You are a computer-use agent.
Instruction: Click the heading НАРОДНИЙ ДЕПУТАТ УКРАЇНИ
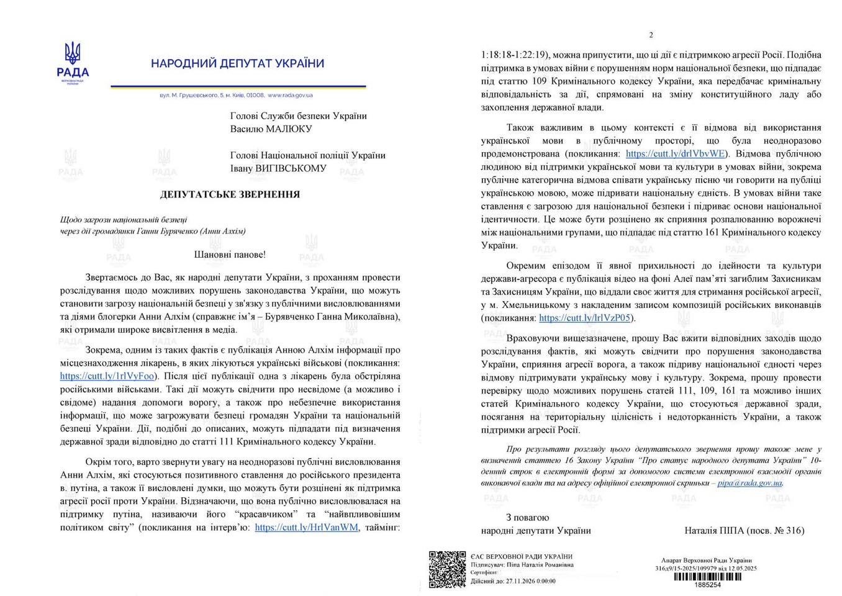pyautogui.click(x=237, y=63)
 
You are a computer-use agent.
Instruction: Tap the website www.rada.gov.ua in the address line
pyautogui.click(x=290, y=96)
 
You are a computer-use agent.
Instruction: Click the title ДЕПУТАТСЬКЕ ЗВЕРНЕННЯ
pyautogui.click(x=230, y=194)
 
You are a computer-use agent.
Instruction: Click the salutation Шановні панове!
pyautogui.click(x=230, y=255)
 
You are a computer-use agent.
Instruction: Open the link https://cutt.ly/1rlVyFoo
pyautogui.click(x=107, y=376)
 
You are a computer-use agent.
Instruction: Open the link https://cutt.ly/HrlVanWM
pyautogui.click(x=307, y=528)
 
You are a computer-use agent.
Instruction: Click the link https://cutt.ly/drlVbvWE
pyautogui.click(x=676, y=154)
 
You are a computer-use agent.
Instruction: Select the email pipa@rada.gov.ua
pyautogui.click(x=749, y=482)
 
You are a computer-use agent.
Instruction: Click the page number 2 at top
pyautogui.click(x=651, y=35)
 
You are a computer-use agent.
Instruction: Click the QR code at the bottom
pyautogui.click(x=447, y=569)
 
